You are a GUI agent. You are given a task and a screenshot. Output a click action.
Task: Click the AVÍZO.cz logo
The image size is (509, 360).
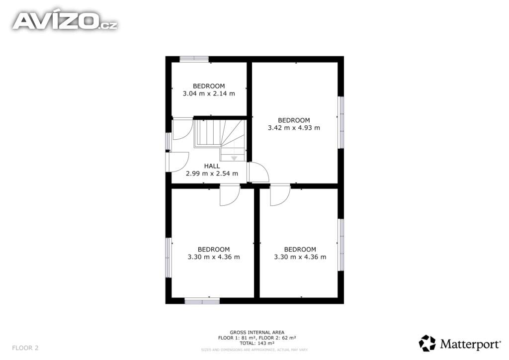[x=65, y=21]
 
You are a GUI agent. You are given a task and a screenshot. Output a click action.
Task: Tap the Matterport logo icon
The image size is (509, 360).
[x=427, y=343]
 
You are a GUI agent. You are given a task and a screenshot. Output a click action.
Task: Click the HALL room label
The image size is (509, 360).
[x=212, y=166]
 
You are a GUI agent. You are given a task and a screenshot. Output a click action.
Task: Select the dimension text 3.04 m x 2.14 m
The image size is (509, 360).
[x=209, y=93]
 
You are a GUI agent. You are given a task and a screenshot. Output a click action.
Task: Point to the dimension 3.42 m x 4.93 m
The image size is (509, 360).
[x=294, y=128]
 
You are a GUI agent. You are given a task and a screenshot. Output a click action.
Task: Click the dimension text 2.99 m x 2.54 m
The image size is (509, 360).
[x=212, y=174]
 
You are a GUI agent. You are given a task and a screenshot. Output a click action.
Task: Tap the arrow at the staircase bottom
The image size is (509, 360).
[x=234, y=158]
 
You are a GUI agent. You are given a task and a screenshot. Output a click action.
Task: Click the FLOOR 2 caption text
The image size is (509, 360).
[x=25, y=348]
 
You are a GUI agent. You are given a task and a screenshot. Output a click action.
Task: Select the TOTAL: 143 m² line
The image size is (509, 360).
[x=257, y=343]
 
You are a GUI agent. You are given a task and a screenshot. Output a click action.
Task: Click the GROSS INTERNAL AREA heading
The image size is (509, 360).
[x=257, y=333]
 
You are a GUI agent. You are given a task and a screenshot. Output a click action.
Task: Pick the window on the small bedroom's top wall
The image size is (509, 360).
[x=194, y=59]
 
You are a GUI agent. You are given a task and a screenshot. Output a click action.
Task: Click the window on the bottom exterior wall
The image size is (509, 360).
[x=202, y=301]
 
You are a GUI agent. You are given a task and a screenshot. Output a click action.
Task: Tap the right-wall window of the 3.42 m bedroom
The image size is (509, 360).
[x=341, y=122]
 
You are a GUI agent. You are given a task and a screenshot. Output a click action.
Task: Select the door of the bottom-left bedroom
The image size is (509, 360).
[x=230, y=195]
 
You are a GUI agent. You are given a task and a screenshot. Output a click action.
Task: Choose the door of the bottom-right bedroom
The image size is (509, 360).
[x=280, y=195]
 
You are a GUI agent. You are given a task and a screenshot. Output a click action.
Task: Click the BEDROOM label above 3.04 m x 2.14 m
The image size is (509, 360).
[x=209, y=86]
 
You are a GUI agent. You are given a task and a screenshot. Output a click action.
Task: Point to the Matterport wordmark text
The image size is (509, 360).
[x=470, y=344]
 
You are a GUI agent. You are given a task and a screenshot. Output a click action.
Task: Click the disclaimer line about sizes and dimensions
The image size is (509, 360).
[x=254, y=350]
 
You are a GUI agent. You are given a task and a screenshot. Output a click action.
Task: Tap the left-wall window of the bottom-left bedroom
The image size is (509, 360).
[x=168, y=258]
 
